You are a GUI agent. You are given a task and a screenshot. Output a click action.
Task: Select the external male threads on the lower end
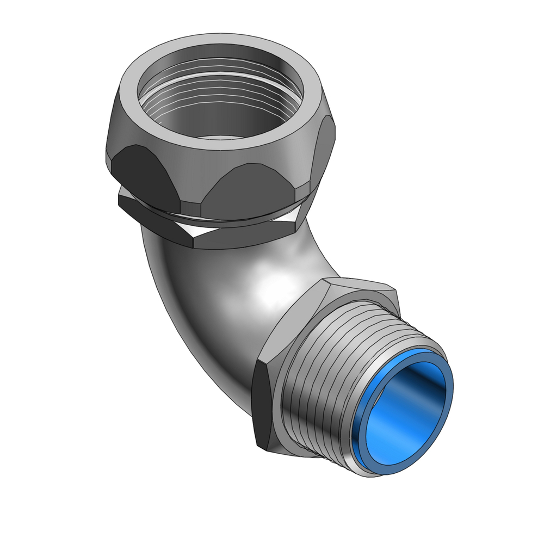pyautogui.click(x=321, y=392)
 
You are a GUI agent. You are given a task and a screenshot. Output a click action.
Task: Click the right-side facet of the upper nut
pyautogui.click(x=324, y=152)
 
